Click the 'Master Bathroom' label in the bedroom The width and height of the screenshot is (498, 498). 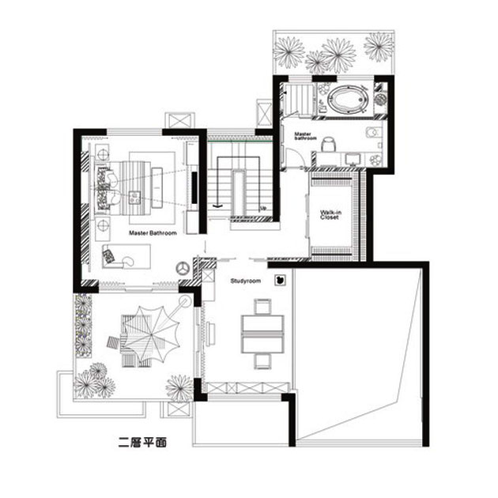[153, 233]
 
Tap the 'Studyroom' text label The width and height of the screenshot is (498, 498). [246, 281]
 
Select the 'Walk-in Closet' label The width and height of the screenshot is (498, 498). [330, 215]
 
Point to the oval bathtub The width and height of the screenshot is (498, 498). [348, 99]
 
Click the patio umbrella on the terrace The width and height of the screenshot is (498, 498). [151, 334]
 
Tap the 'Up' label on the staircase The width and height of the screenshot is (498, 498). [263, 209]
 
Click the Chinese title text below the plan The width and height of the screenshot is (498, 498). [142, 443]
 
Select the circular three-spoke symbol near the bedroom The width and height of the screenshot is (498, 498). [183, 269]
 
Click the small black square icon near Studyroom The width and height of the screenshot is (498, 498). [280, 280]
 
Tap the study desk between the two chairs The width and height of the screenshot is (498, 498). [262, 334]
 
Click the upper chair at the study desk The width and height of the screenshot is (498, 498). [262, 307]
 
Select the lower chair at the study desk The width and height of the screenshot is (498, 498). [262, 362]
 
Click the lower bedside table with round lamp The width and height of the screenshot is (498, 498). [103, 225]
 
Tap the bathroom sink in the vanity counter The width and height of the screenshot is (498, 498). [353, 159]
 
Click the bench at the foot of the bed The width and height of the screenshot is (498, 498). [157, 187]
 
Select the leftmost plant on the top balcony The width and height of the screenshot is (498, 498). [288, 52]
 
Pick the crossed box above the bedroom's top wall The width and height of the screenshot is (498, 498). [179, 121]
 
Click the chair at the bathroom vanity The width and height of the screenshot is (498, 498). [328, 145]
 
